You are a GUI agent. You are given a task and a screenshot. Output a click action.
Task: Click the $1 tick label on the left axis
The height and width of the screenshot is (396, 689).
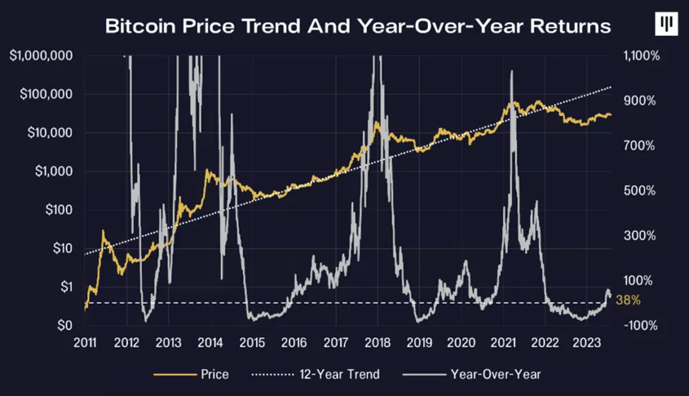click(66, 287)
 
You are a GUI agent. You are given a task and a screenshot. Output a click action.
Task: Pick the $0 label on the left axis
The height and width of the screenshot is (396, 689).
click(66, 326)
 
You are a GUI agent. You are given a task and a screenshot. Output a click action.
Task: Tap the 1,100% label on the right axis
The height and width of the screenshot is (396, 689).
click(641, 55)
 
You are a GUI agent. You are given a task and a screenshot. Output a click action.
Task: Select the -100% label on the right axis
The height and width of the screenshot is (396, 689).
click(642, 326)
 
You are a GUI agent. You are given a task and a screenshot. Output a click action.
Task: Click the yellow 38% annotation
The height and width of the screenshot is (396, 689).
click(629, 300)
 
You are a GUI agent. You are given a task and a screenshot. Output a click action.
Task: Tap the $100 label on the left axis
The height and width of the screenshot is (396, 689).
click(60, 210)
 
